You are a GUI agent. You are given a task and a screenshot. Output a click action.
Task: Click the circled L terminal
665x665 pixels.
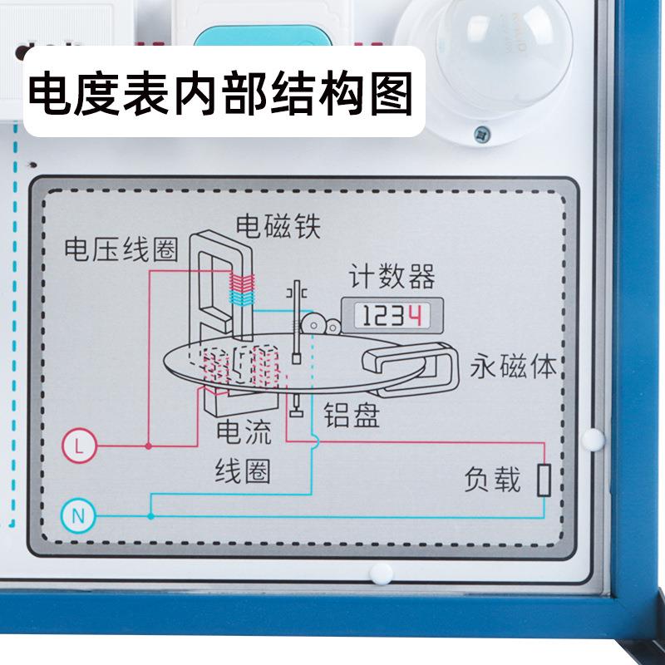click(x=79, y=446)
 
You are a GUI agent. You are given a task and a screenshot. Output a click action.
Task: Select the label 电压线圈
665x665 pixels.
click(x=121, y=249)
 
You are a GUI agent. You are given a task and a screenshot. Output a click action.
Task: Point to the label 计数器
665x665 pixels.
click(x=392, y=277)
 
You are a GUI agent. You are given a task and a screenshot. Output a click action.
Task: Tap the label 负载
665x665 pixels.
click(x=493, y=480)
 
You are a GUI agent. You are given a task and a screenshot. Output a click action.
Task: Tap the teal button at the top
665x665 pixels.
click(x=259, y=37)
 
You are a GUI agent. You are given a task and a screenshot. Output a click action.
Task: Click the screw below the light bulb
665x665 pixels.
click(x=480, y=132)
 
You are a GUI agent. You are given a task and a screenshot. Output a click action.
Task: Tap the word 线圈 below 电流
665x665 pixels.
click(x=243, y=471)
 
